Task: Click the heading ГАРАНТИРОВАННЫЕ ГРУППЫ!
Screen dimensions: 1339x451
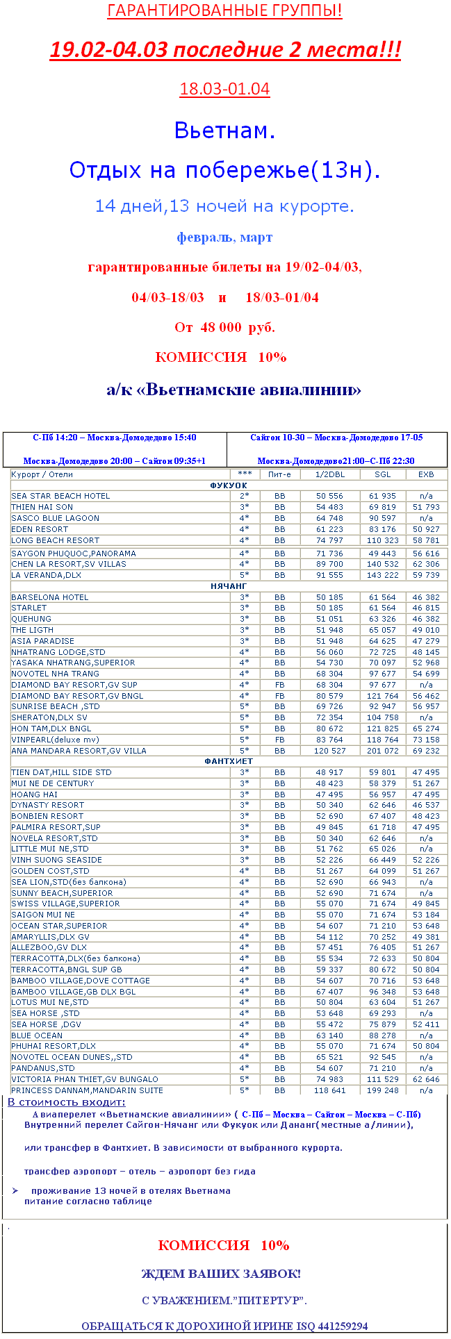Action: (224, 11)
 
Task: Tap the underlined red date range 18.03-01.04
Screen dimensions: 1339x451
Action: (224, 89)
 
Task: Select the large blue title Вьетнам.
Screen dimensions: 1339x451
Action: (224, 130)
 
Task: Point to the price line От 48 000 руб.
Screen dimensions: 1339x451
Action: (224, 327)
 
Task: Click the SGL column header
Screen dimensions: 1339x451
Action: (382, 474)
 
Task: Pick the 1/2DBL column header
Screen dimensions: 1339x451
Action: (329, 474)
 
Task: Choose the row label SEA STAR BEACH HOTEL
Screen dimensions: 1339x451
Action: (60, 496)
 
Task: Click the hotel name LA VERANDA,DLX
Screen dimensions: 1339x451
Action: (46, 575)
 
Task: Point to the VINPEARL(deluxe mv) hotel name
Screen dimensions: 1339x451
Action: (55, 740)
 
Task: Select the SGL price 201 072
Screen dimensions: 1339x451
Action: (382, 751)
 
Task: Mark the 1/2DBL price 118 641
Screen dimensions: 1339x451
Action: (329, 1090)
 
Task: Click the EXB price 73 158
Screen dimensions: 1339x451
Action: (426, 740)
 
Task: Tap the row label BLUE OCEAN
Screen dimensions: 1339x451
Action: (37, 1036)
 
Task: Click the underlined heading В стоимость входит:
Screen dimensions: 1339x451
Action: (67, 1102)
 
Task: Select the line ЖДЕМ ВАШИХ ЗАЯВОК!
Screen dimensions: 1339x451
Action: (221, 1274)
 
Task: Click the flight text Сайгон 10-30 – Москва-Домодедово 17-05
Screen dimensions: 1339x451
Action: (336, 438)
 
